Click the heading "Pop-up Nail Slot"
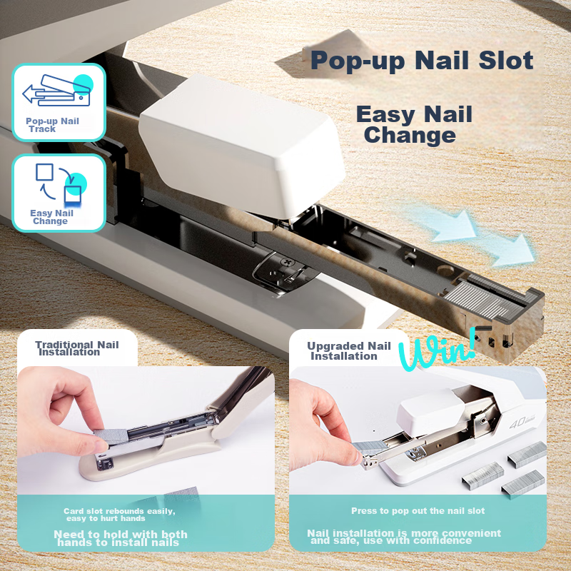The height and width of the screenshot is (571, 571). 422,61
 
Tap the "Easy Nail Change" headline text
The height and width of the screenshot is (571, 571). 414,124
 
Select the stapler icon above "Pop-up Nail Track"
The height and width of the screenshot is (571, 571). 59,91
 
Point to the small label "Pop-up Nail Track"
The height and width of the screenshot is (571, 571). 52,125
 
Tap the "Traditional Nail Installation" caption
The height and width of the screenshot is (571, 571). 77,348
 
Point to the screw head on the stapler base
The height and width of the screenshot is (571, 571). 288,263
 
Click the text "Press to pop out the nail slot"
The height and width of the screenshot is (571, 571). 418,511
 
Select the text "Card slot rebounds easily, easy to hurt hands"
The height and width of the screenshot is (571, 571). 119,515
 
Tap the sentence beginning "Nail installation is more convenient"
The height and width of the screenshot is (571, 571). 404,537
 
